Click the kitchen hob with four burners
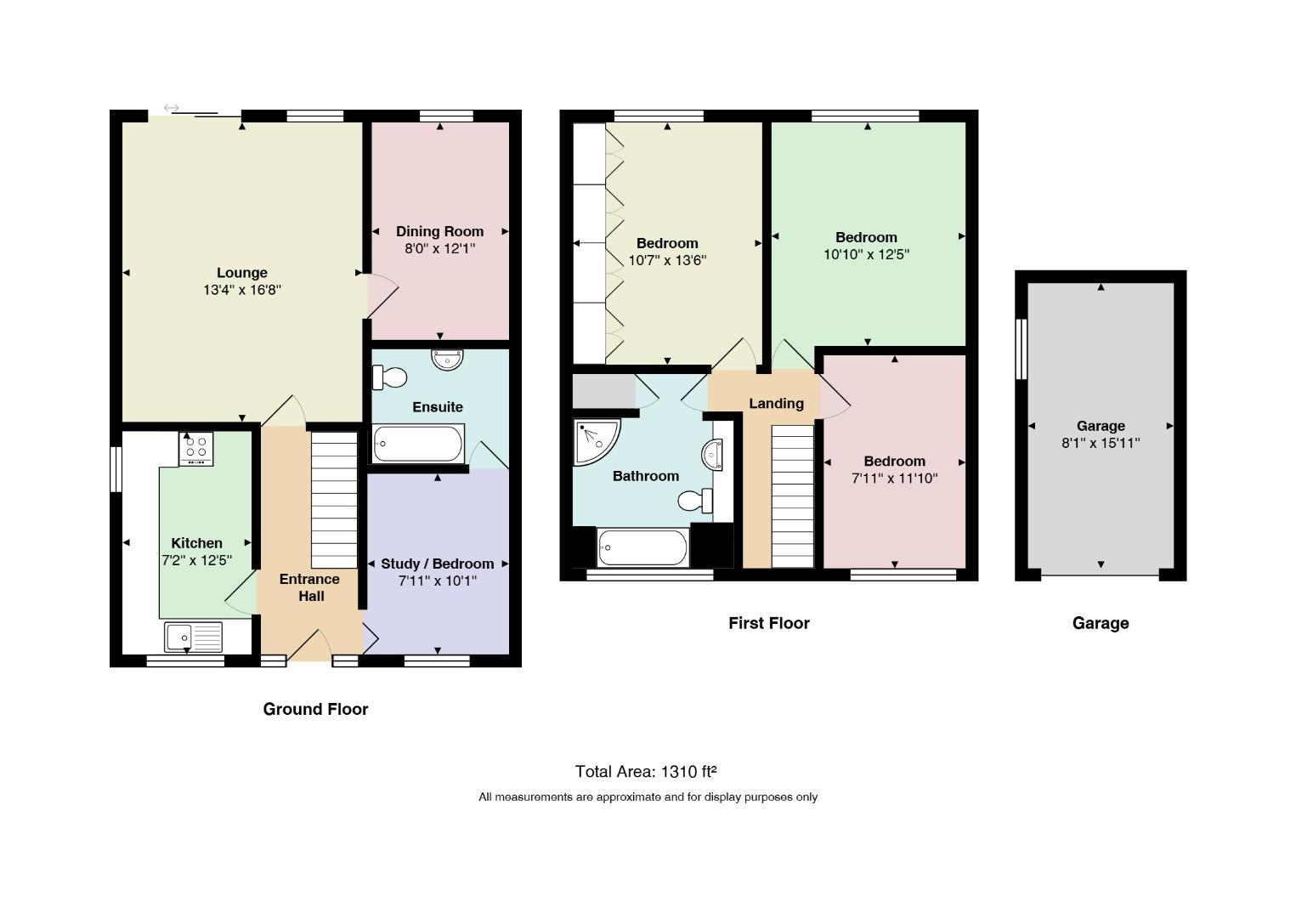pyautogui.click(x=196, y=449)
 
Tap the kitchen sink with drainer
pyautogui.click(x=193, y=637)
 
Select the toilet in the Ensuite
pyautogui.click(x=389, y=377)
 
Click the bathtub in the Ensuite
pyautogui.click(x=418, y=444)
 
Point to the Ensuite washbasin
pyautogui.click(x=447, y=360)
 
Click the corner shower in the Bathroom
pyautogui.click(x=597, y=442)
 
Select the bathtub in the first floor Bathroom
pyautogui.click(x=642, y=547)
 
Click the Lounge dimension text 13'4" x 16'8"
pyautogui.click(x=242, y=289)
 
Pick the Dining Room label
pyautogui.click(x=439, y=231)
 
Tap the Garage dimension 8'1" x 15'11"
pyautogui.click(x=1101, y=444)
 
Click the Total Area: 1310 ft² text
pyautogui.click(x=646, y=772)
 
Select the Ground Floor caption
pyautogui.click(x=315, y=709)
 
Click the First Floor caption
pyautogui.click(x=769, y=623)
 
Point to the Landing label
pyautogui.click(x=777, y=404)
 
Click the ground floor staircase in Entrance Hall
pyautogui.click(x=335, y=500)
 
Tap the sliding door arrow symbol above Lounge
pyautogui.click(x=172, y=108)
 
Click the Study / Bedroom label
pyautogui.click(x=438, y=564)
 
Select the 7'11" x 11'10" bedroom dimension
pyautogui.click(x=895, y=478)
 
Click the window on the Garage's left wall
pyautogui.click(x=1022, y=349)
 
